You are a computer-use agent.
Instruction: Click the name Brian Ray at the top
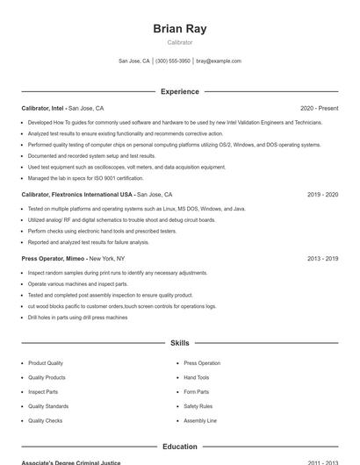click(x=179, y=29)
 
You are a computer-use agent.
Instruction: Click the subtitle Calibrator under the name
click(x=179, y=42)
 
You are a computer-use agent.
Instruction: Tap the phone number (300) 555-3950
click(x=173, y=61)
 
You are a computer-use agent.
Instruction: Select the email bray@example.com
click(x=219, y=61)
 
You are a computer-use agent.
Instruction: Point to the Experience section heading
click(x=179, y=91)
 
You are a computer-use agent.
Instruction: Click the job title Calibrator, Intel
click(x=43, y=108)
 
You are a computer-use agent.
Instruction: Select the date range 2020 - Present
click(x=319, y=108)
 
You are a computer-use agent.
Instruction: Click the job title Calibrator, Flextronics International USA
click(x=77, y=194)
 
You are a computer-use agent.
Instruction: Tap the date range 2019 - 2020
click(x=322, y=194)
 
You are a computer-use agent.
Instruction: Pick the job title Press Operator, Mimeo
click(x=54, y=259)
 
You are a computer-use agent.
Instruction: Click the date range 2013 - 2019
click(x=322, y=259)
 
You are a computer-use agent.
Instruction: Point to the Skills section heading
click(x=179, y=343)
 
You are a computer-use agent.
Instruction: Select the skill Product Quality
click(x=46, y=363)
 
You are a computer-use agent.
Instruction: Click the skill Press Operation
click(x=202, y=363)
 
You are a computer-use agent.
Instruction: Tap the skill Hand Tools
click(x=197, y=377)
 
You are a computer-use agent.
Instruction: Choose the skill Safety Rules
click(x=198, y=406)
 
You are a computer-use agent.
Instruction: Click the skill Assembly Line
click(x=200, y=420)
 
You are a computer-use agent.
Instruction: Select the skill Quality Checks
click(x=45, y=420)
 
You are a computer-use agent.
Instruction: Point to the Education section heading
click(x=179, y=447)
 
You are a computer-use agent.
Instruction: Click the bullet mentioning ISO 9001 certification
click(x=85, y=178)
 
